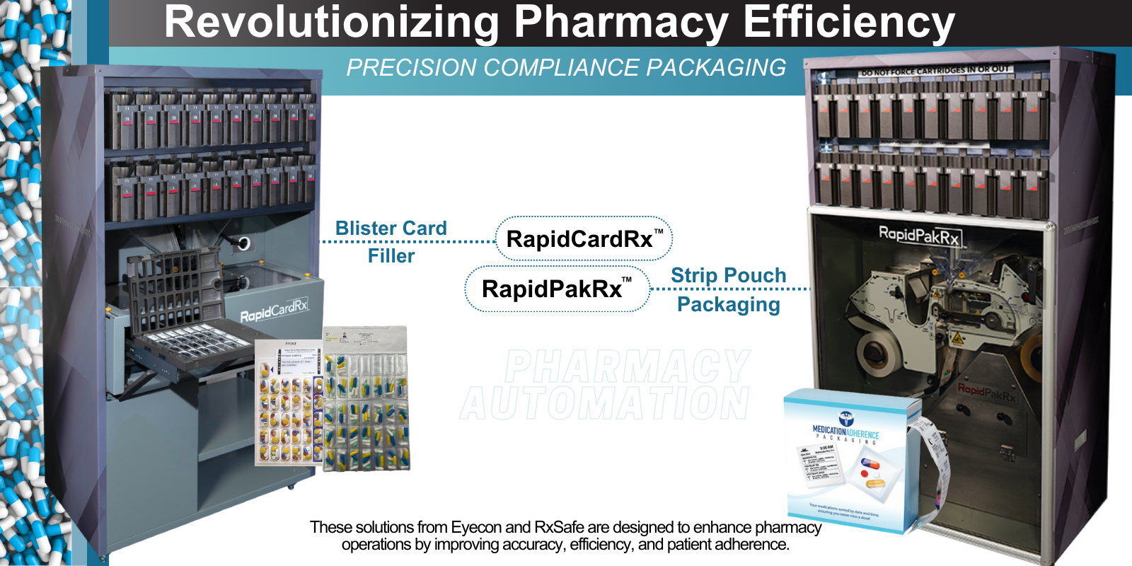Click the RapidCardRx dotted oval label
(x=584, y=239)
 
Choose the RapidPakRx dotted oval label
(x=557, y=289)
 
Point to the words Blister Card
(x=391, y=228)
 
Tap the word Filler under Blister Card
(x=391, y=256)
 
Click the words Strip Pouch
(x=728, y=275)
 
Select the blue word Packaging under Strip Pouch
(x=728, y=305)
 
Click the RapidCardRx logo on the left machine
(x=274, y=310)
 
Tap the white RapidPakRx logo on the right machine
(x=918, y=235)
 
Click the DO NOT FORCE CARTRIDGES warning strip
(x=934, y=70)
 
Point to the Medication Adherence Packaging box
(x=845, y=460)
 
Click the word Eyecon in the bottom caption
(x=475, y=528)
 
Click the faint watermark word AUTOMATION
(x=605, y=403)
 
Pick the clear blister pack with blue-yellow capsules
(x=366, y=400)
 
